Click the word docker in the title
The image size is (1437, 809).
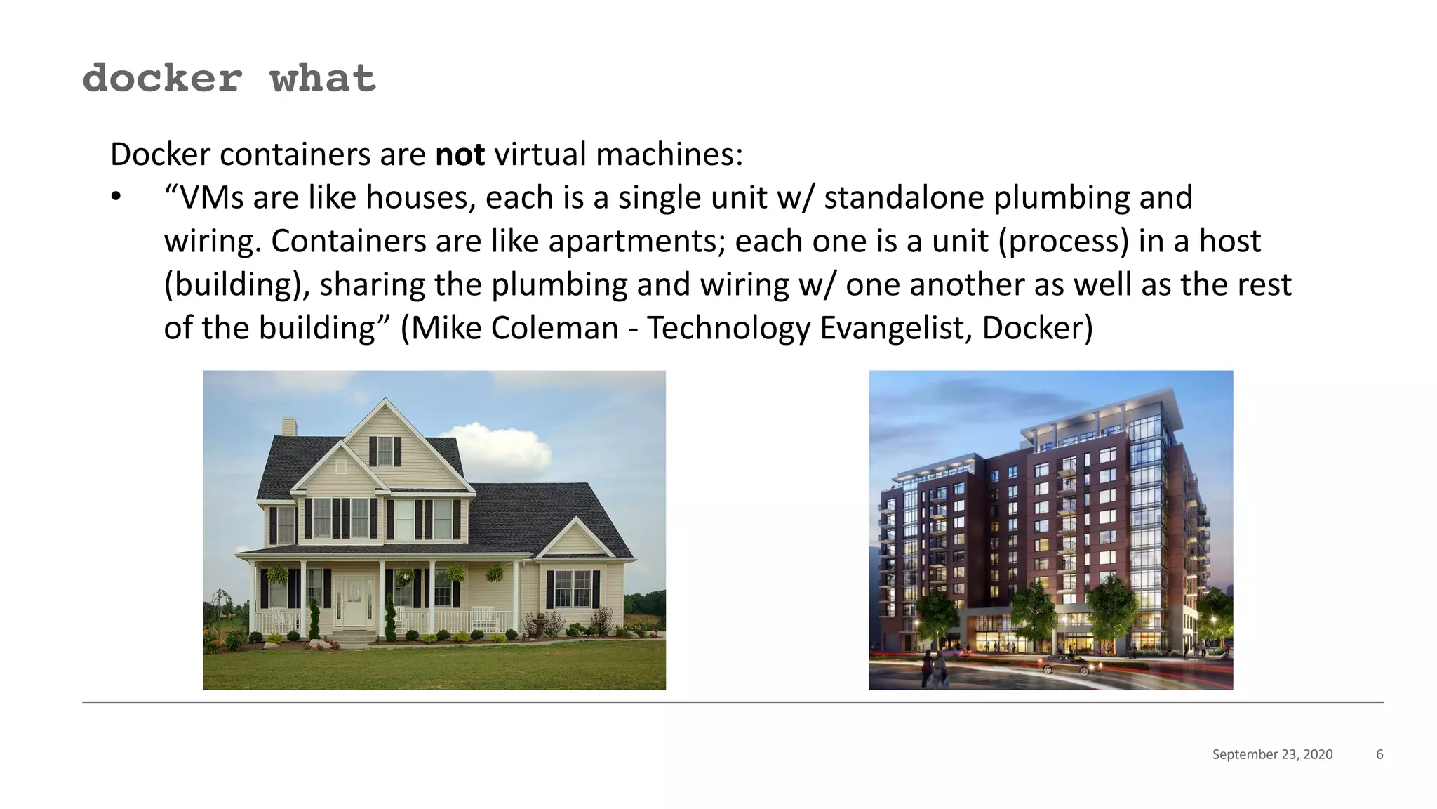[x=162, y=78]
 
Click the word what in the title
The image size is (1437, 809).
[x=323, y=78]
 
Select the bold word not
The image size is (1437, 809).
[x=460, y=154]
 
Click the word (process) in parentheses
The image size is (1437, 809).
[x=1063, y=242]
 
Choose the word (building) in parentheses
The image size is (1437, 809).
[x=236, y=285]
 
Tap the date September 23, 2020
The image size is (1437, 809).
[x=1272, y=754]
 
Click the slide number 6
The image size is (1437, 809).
[x=1379, y=754]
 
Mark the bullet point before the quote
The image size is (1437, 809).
[x=116, y=198]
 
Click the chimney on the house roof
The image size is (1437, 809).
[x=288, y=427]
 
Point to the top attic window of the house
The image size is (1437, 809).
[x=385, y=450]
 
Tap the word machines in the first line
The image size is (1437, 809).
[x=669, y=154]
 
